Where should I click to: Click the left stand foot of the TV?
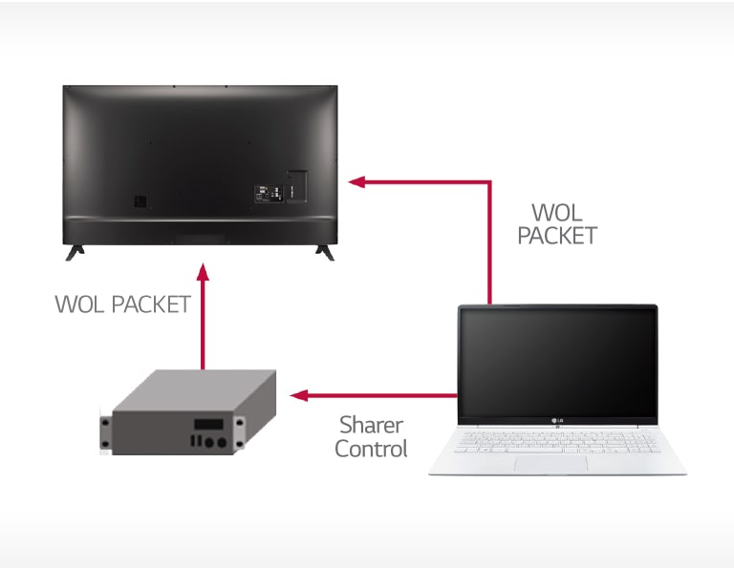(75, 252)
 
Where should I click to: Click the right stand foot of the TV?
(325, 252)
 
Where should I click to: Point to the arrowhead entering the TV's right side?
(355, 181)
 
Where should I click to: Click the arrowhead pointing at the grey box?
(298, 394)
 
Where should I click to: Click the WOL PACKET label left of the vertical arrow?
(122, 305)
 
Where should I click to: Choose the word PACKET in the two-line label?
(557, 236)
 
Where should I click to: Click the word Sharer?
(371, 425)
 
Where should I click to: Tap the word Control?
(371, 448)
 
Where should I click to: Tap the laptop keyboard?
(557, 440)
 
